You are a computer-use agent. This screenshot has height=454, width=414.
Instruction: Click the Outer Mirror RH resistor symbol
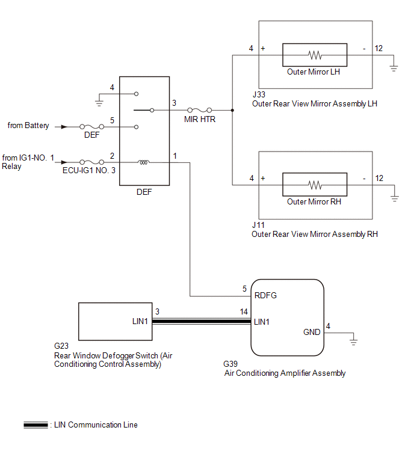315,185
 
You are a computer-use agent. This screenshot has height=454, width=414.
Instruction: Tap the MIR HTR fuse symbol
200,111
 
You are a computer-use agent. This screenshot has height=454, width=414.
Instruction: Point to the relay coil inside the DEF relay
144,162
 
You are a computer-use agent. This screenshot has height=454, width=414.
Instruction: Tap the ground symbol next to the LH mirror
394,67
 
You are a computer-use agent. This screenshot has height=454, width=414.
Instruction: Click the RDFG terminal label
265,296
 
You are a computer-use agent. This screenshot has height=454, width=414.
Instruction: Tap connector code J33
259,95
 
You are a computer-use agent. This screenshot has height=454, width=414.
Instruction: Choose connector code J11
258,225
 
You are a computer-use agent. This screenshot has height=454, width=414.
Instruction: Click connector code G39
230,364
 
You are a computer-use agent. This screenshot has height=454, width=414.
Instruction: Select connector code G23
61,346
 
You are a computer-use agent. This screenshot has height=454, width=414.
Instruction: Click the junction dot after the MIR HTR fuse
232,111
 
